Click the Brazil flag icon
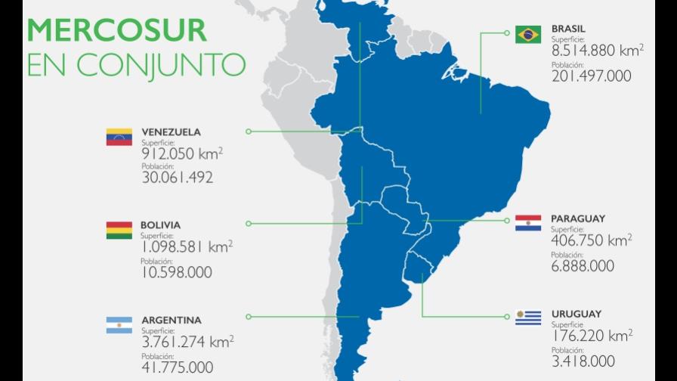pos(528,35)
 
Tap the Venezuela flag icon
pos(119,137)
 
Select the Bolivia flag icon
pos(119,231)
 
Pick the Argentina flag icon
pos(119,326)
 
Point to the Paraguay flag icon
pos(528,223)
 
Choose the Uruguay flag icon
pos(528,317)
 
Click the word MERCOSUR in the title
pos(117,30)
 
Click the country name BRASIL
pos(568,29)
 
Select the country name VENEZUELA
pos(171,132)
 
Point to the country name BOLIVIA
pos(160,225)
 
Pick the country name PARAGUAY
pos(578,218)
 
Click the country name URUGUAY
pos(576,314)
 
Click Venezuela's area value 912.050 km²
pos(182,153)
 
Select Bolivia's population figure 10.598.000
pos(176,272)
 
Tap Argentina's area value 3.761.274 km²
pos(187,342)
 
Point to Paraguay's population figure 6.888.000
pos(583,266)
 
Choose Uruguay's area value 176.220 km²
pos(592,335)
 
